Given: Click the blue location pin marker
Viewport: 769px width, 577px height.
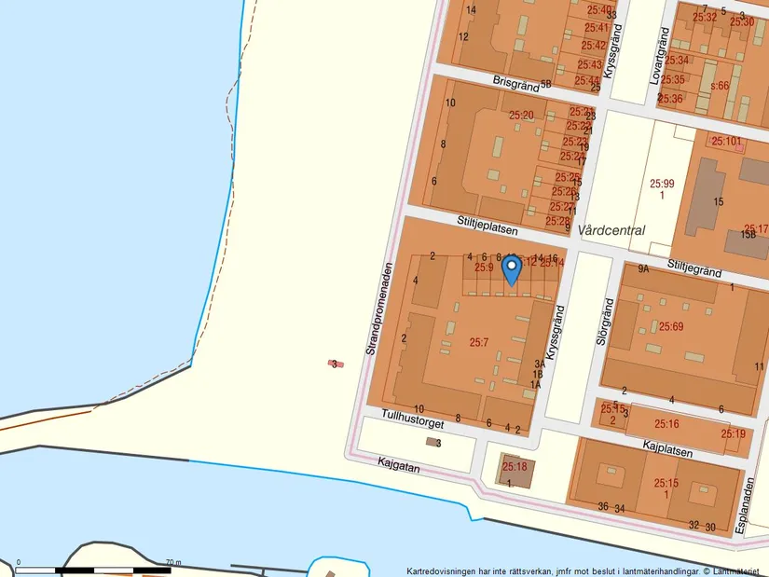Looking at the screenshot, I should [511, 269].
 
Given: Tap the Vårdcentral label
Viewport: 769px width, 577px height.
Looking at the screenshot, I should [611, 230].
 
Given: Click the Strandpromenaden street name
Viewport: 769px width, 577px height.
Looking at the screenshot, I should [376, 309].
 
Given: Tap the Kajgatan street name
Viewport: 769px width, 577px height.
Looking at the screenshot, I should [399, 464].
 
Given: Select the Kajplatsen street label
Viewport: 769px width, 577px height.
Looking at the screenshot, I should [667, 449].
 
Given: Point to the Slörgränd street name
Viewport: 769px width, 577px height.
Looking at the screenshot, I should [603, 323].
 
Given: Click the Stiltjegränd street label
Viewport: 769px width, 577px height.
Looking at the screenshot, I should [694, 271].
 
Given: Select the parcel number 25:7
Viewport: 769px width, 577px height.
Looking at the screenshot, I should [478, 343].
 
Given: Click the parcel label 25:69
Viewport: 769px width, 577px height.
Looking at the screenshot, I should [671, 326].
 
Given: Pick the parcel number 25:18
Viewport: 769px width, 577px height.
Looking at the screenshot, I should [515, 466].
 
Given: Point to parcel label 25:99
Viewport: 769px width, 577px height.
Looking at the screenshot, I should [662, 185].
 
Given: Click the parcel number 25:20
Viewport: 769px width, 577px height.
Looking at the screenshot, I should [521, 116].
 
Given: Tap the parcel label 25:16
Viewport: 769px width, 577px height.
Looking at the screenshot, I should [666, 425].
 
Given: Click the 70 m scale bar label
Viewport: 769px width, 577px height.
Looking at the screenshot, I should [173, 563].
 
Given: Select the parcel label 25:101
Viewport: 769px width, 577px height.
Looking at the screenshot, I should [726, 142].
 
